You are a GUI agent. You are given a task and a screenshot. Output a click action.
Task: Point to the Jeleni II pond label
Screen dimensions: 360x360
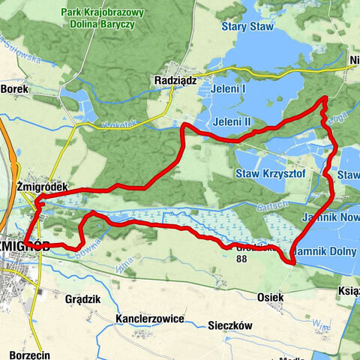pyautogui.click(x=231, y=121)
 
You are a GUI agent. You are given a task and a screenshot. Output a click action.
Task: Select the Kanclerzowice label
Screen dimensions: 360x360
pyautogui.click(x=150, y=319)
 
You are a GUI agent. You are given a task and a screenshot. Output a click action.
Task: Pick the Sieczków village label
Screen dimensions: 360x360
pyautogui.click(x=229, y=326)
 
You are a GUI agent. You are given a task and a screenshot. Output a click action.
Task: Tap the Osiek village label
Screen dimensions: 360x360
pyautogui.click(x=270, y=297)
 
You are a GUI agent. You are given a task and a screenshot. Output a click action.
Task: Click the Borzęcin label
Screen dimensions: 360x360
pyautogui.click(x=31, y=353)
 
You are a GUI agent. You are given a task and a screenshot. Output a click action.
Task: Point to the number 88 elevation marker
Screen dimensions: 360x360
pyautogui.click(x=241, y=259)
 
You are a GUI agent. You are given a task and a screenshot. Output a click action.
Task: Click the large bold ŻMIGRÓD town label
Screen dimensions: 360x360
pyautogui.click(x=14, y=246)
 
